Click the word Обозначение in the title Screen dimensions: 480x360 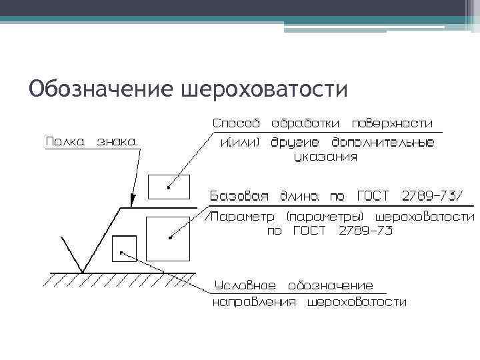click(100, 88)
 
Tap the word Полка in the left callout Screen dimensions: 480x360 click(66, 141)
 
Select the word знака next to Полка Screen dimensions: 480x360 click(117, 141)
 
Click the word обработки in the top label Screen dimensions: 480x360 click(307, 123)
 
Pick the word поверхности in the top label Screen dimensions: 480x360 click(392, 123)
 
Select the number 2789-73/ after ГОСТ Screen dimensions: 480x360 click(431, 197)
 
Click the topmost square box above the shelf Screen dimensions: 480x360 click(169, 187)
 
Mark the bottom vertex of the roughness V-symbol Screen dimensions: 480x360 click(82, 271)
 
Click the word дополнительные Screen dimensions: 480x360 click(392, 142)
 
